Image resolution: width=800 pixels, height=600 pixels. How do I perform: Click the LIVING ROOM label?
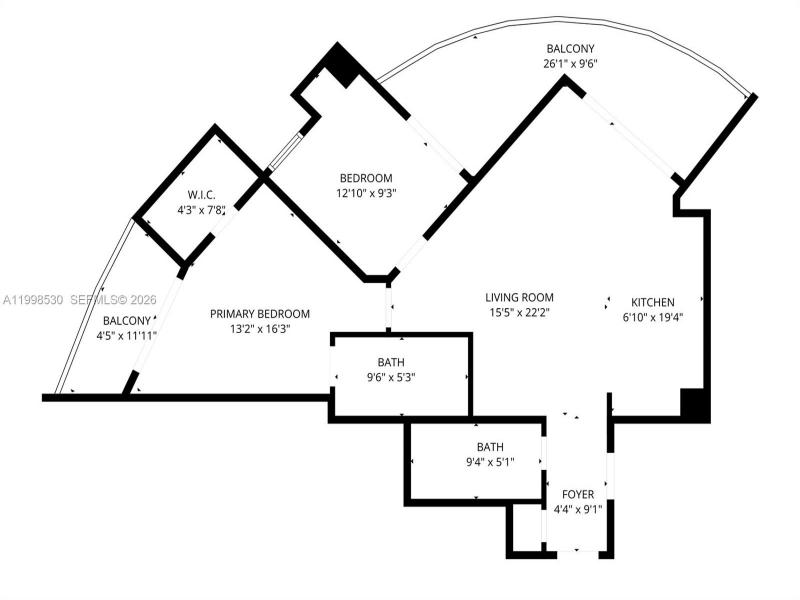pyautogui.click(x=519, y=297)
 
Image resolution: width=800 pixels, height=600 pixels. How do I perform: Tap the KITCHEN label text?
pyautogui.click(x=652, y=302)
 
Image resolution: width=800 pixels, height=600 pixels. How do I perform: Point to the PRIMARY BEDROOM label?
pyautogui.click(x=259, y=313)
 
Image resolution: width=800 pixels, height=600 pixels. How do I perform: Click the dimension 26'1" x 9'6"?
pyautogui.click(x=570, y=63)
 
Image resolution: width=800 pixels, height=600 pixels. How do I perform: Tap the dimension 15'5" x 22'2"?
pyautogui.click(x=519, y=313)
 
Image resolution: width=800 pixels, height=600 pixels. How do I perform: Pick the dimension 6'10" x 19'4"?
pyautogui.click(x=652, y=317)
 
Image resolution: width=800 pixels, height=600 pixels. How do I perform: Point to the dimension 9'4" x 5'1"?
pyautogui.click(x=490, y=462)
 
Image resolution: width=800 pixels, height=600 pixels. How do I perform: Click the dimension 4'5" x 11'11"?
pyautogui.click(x=127, y=335)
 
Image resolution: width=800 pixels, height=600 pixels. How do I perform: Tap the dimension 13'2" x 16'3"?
pyautogui.click(x=259, y=328)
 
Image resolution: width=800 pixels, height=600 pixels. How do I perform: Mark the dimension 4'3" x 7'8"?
pyautogui.click(x=202, y=210)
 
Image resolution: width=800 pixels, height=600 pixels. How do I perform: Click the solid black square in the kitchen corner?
pyautogui.click(x=695, y=403)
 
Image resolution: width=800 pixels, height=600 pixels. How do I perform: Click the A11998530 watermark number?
pyautogui.click(x=33, y=299)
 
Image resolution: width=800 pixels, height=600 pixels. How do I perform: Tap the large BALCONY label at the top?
pyautogui.click(x=570, y=48)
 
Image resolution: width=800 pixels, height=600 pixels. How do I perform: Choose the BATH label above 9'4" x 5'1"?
pyautogui.click(x=490, y=447)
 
